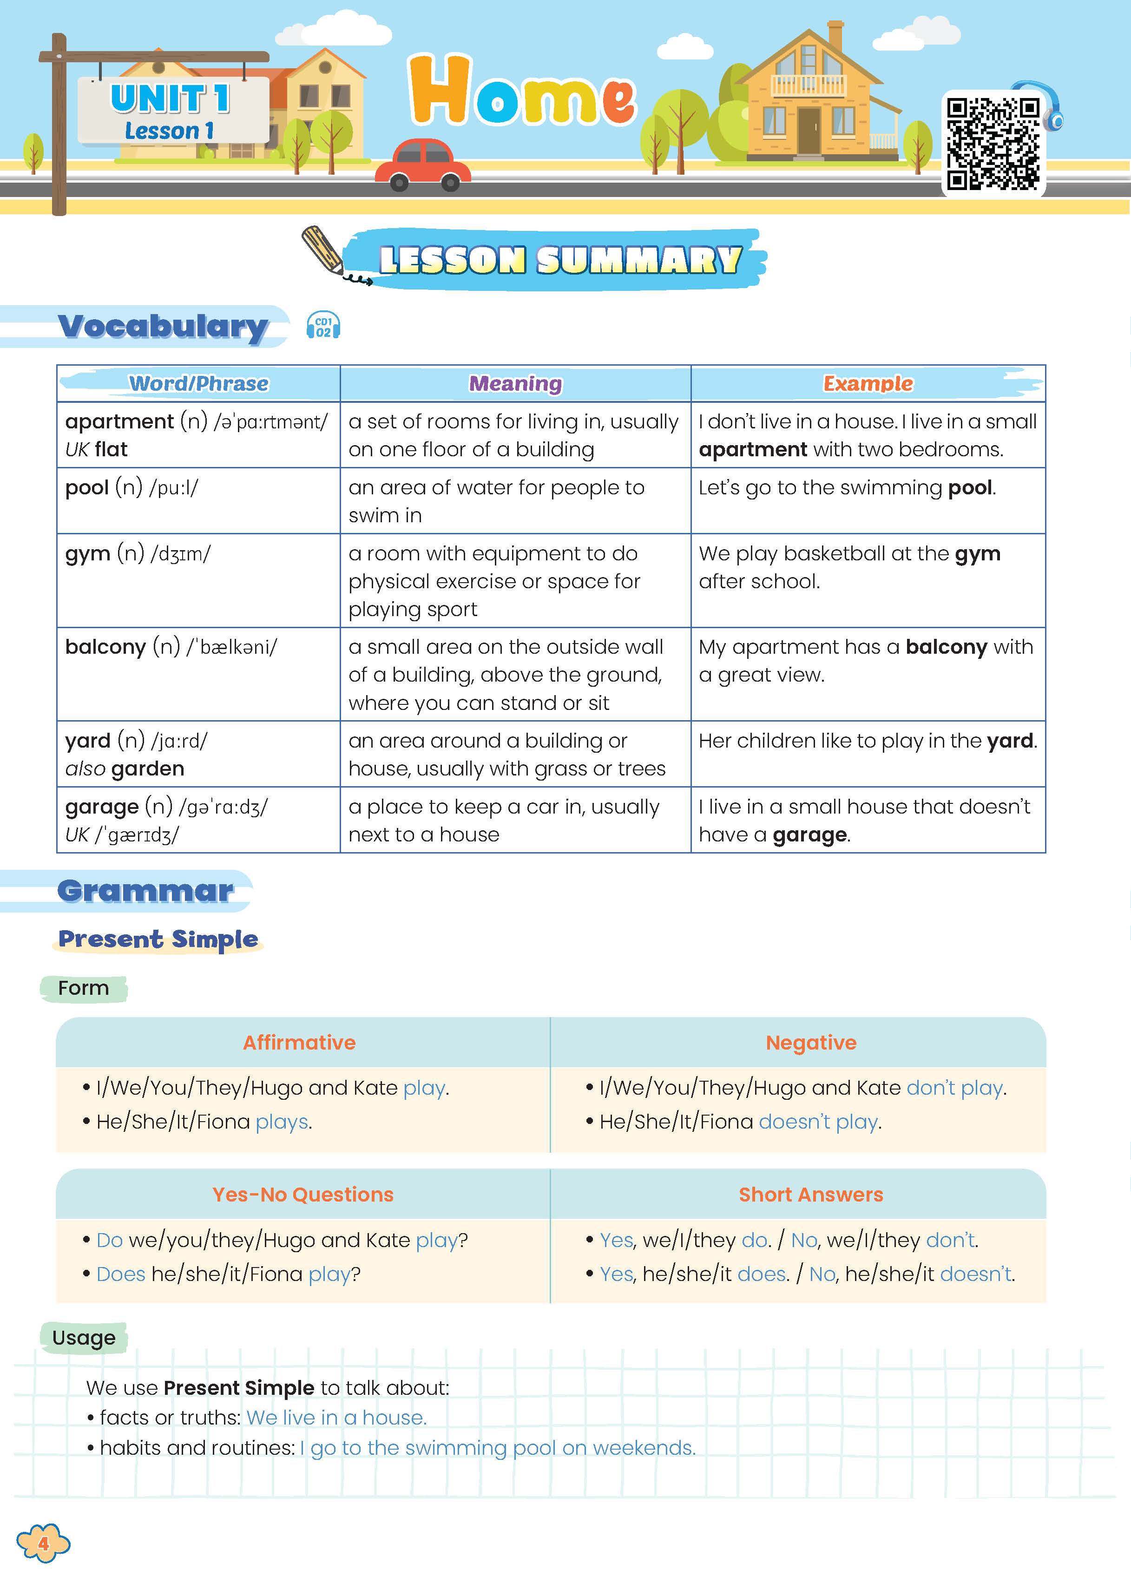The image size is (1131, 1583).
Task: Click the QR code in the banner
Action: coord(993,144)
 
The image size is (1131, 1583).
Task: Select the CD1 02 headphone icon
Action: coord(323,326)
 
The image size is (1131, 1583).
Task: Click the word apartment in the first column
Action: coord(119,421)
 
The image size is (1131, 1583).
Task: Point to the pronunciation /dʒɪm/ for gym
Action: coord(180,554)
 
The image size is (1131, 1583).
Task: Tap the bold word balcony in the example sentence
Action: coord(946,647)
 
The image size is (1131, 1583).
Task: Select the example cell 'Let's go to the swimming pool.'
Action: coord(847,487)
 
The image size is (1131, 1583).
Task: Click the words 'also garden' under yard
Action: coord(125,769)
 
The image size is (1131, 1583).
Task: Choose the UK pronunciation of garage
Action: coord(123,834)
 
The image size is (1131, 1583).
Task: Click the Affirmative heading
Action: coord(299,1043)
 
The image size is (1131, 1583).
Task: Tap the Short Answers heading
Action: coord(811,1195)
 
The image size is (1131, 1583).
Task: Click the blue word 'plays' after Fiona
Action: coord(282,1122)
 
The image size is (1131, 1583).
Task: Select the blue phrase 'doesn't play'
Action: coord(818,1122)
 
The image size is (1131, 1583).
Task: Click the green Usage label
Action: coord(84,1338)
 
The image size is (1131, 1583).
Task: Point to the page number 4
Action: coord(43,1544)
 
